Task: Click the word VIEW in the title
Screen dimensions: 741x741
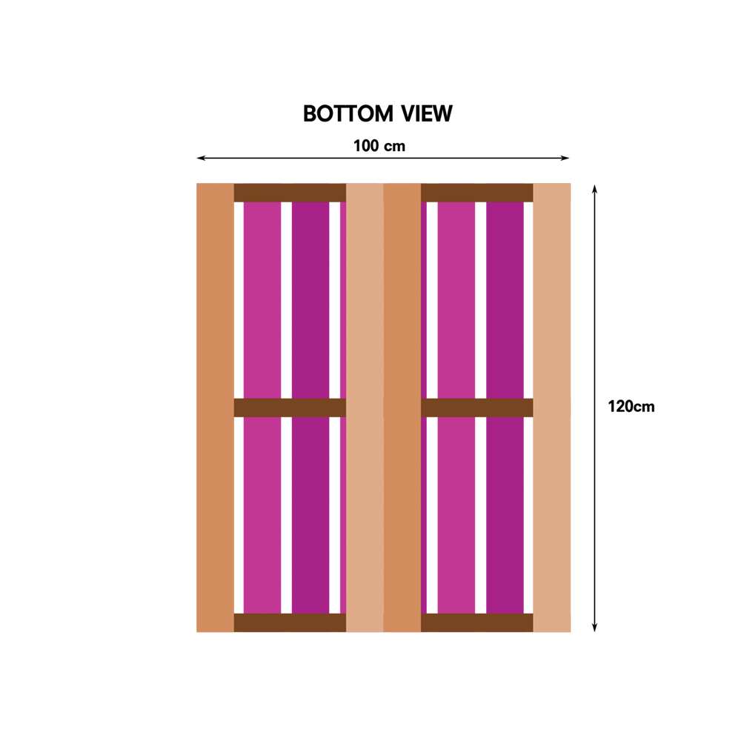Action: click(427, 113)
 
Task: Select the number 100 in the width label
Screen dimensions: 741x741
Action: click(366, 145)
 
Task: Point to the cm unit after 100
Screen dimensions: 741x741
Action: click(394, 147)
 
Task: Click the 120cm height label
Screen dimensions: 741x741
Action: click(631, 406)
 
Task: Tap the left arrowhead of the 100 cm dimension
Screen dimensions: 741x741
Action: click(201, 158)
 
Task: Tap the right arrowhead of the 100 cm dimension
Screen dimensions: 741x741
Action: click(565, 158)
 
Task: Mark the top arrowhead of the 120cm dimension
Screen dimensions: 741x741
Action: click(594, 189)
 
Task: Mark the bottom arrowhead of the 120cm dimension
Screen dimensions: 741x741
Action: click(594, 627)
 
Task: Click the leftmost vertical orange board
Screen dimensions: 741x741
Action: click(215, 408)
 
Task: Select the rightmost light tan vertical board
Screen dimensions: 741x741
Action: click(551, 408)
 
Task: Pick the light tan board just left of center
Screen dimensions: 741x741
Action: click(365, 408)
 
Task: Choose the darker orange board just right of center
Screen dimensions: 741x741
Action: click(402, 408)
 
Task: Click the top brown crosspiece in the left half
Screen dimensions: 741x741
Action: click(290, 193)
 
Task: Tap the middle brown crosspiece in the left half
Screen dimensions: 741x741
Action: click(290, 408)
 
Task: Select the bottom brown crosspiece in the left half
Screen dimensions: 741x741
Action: click(290, 622)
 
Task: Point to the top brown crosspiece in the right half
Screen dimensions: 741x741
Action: click(476, 193)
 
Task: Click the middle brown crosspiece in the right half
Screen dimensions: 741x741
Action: click(476, 408)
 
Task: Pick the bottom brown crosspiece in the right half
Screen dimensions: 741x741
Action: click(476, 622)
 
